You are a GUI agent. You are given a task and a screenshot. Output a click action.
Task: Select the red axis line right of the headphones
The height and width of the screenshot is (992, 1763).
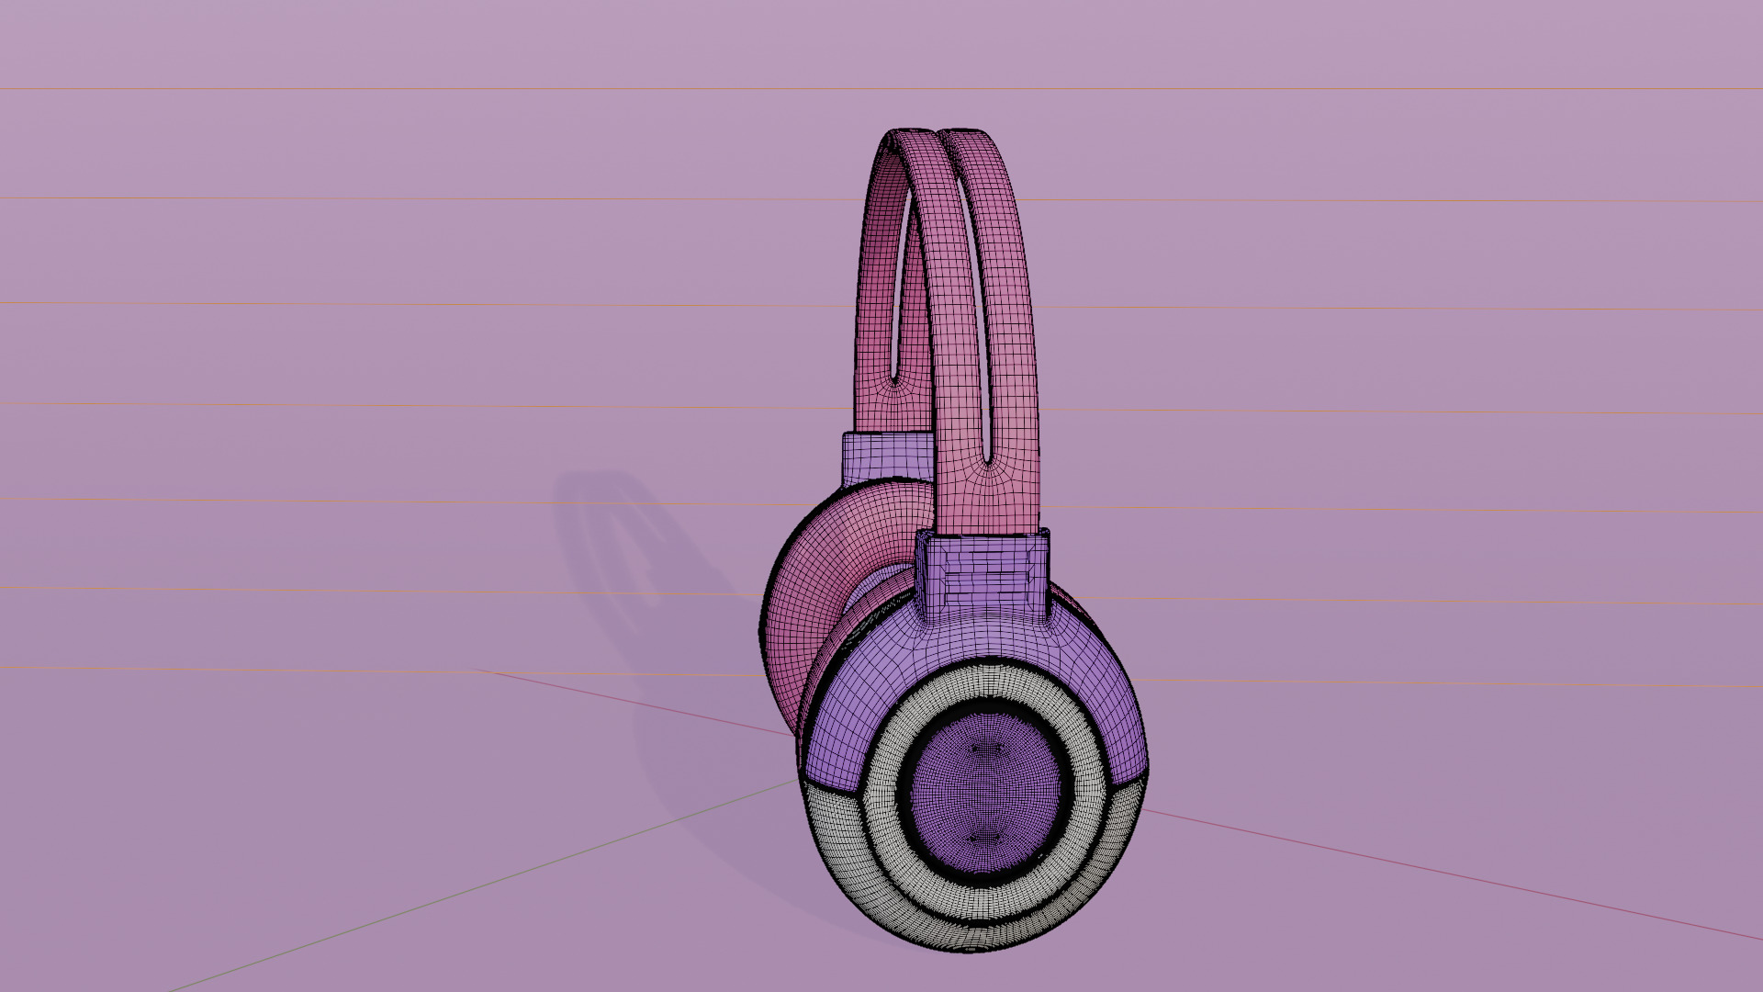pyautogui.click(x=1469, y=882)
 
